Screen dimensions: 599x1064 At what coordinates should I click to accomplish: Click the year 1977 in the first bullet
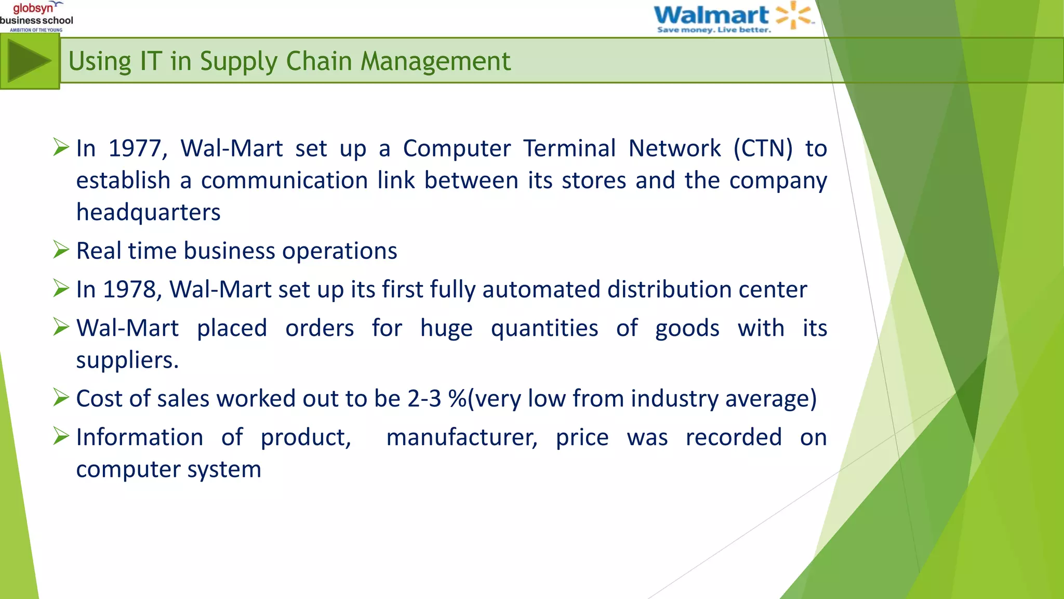[x=137, y=149]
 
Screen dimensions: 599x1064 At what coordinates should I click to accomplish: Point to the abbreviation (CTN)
[x=763, y=149]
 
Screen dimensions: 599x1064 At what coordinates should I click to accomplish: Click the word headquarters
[x=149, y=213]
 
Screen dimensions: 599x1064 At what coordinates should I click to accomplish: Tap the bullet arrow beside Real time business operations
[x=61, y=250]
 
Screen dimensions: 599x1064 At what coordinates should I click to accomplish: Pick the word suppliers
[x=127, y=360]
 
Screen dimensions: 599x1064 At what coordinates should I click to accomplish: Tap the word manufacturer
[x=461, y=438]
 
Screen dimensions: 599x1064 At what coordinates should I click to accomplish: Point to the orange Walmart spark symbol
[x=793, y=15]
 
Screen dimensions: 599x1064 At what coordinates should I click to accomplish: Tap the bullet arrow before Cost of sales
[x=61, y=398]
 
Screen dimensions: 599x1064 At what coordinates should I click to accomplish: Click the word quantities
[x=544, y=329]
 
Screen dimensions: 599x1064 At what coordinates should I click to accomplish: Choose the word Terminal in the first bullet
[x=569, y=149]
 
